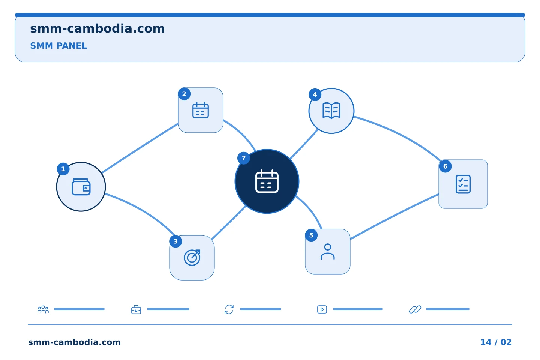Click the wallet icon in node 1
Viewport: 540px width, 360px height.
[x=81, y=187]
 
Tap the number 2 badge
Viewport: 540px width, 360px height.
[x=184, y=94]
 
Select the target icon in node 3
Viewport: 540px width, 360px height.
[x=192, y=258]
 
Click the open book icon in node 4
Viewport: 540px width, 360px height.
[x=331, y=111]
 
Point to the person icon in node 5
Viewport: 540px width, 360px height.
[x=328, y=252]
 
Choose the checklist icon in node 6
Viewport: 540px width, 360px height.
[x=463, y=184]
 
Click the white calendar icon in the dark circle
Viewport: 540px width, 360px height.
[x=267, y=181]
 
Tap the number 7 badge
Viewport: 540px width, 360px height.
[x=244, y=158]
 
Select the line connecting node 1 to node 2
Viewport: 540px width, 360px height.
[x=140, y=148]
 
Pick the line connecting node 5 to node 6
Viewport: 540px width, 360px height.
[x=394, y=216]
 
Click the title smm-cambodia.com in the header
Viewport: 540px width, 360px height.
[x=97, y=29]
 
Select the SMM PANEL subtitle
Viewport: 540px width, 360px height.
[x=58, y=46]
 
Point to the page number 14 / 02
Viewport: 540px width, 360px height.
[x=496, y=342]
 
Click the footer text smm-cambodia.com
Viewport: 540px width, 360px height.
[x=74, y=342]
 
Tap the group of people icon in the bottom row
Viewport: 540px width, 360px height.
[x=43, y=309]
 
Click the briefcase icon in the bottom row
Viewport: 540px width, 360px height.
[x=136, y=309]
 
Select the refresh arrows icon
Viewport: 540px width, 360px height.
[x=229, y=309]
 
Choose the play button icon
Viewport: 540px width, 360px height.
[x=322, y=309]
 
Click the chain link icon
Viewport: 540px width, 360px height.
[x=415, y=309]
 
